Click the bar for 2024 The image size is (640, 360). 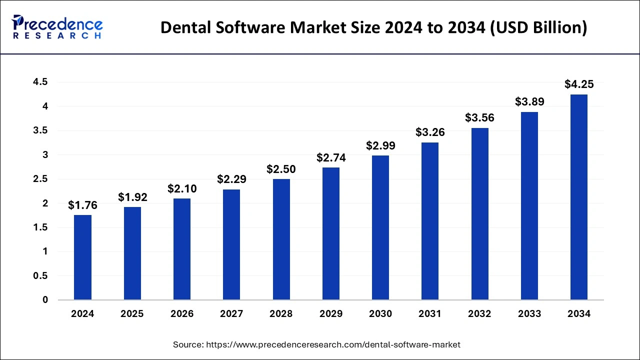coord(82,257)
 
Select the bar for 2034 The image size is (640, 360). coord(579,197)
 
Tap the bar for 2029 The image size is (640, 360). coord(330,234)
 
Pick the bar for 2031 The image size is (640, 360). coord(430,221)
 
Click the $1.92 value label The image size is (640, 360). coord(132,197)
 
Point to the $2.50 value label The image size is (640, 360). coord(281,169)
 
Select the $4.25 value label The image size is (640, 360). coord(579,84)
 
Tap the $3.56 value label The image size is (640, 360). coord(479,118)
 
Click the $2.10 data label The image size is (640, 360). coord(182,188)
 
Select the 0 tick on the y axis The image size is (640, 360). coord(45,300)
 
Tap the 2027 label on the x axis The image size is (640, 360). coord(231,314)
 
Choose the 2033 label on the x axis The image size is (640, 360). coord(529,314)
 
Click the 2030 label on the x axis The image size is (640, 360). coord(380,314)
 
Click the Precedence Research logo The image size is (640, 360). coord(57,27)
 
